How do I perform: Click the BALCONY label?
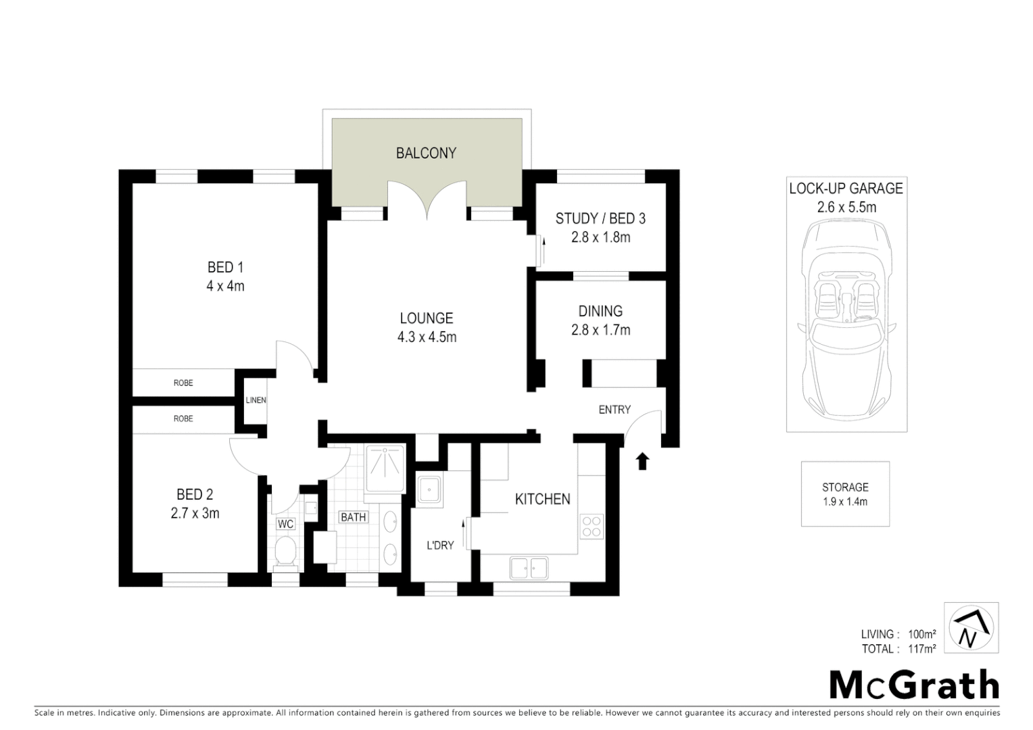coord(426,153)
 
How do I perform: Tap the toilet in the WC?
coord(285,552)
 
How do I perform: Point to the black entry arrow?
coord(642,461)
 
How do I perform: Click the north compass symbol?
coord(971,628)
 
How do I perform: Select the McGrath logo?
coord(913,685)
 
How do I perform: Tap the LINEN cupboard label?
coord(256,400)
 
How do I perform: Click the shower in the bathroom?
coord(384,468)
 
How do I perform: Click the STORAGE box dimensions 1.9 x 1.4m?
coord(845,502)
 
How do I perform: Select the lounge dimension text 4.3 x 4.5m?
coord(427,337)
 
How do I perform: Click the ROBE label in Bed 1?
coord(183,383)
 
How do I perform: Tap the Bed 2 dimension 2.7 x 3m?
coord(195,513)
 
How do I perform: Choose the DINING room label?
coord(600,312)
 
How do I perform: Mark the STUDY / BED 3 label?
coord(600,218)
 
